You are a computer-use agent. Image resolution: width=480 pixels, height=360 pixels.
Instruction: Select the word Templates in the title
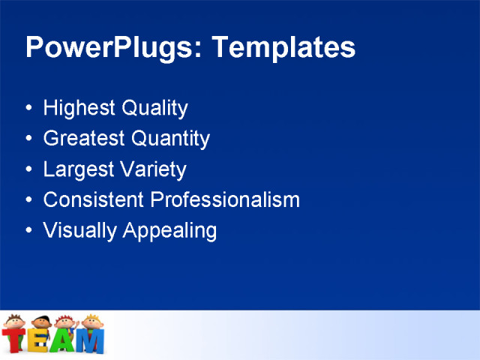click(x=283, y=47)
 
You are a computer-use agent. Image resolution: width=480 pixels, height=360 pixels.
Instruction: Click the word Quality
click(x=153, y=109)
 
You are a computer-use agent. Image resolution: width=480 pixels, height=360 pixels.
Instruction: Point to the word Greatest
click(x=84, y=139)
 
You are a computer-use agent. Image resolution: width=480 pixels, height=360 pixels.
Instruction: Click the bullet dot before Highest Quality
click(x=28, y=109)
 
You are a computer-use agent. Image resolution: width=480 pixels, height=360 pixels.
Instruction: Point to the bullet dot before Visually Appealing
click(x=28, y=230)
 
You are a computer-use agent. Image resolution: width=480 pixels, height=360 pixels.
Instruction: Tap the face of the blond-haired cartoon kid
click(x=91, y=322)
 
